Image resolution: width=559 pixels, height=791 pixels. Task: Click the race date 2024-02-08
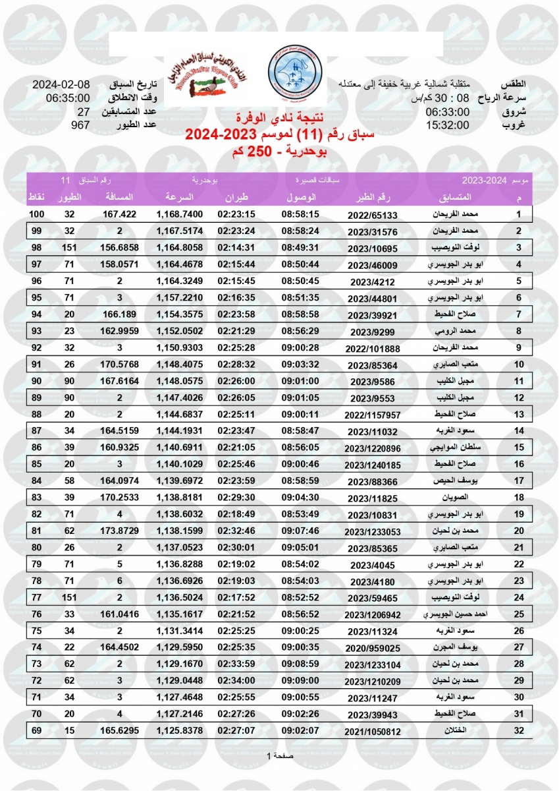click(61, 85)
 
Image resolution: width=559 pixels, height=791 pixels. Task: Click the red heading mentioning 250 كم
click(279, 152)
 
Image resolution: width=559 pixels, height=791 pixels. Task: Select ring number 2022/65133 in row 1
click(373, 215)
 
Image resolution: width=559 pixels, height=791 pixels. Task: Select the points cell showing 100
click(36, 214)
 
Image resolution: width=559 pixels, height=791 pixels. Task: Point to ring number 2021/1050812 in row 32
click(373, 730)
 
